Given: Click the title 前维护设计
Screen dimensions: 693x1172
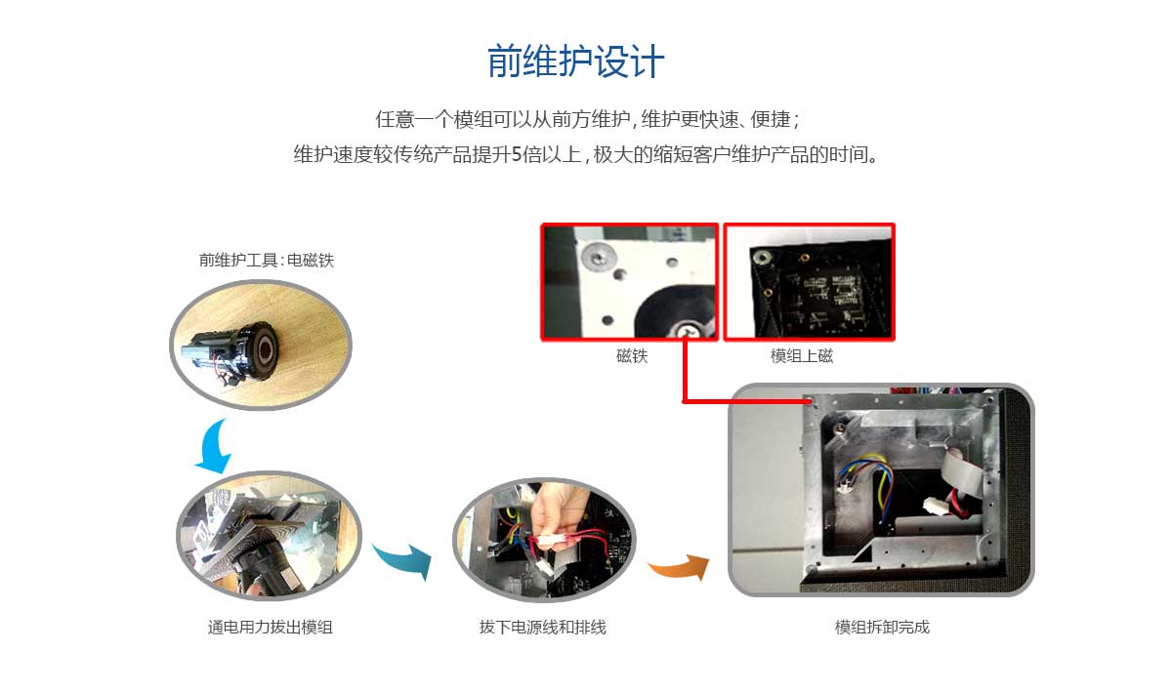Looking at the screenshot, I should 576,61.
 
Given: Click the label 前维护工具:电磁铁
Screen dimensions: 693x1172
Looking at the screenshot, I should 267,260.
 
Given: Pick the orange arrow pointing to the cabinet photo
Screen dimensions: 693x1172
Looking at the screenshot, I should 682,566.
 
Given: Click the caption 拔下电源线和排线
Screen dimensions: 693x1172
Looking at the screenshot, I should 542,627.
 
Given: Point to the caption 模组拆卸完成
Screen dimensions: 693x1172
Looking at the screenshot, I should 882,627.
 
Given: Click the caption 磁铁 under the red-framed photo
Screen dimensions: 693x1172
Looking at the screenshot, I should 631,356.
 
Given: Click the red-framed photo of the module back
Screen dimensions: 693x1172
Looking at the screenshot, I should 809,282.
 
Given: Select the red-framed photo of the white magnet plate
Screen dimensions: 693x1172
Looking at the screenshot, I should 630,282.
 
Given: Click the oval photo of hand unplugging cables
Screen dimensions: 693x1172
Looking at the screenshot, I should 543,538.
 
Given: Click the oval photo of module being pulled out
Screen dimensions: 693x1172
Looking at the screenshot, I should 269,538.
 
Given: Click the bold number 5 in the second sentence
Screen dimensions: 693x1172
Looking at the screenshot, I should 517,155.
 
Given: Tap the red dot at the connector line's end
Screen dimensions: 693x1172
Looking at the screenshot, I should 810,400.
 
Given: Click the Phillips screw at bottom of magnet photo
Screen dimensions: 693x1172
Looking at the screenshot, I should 688,331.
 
